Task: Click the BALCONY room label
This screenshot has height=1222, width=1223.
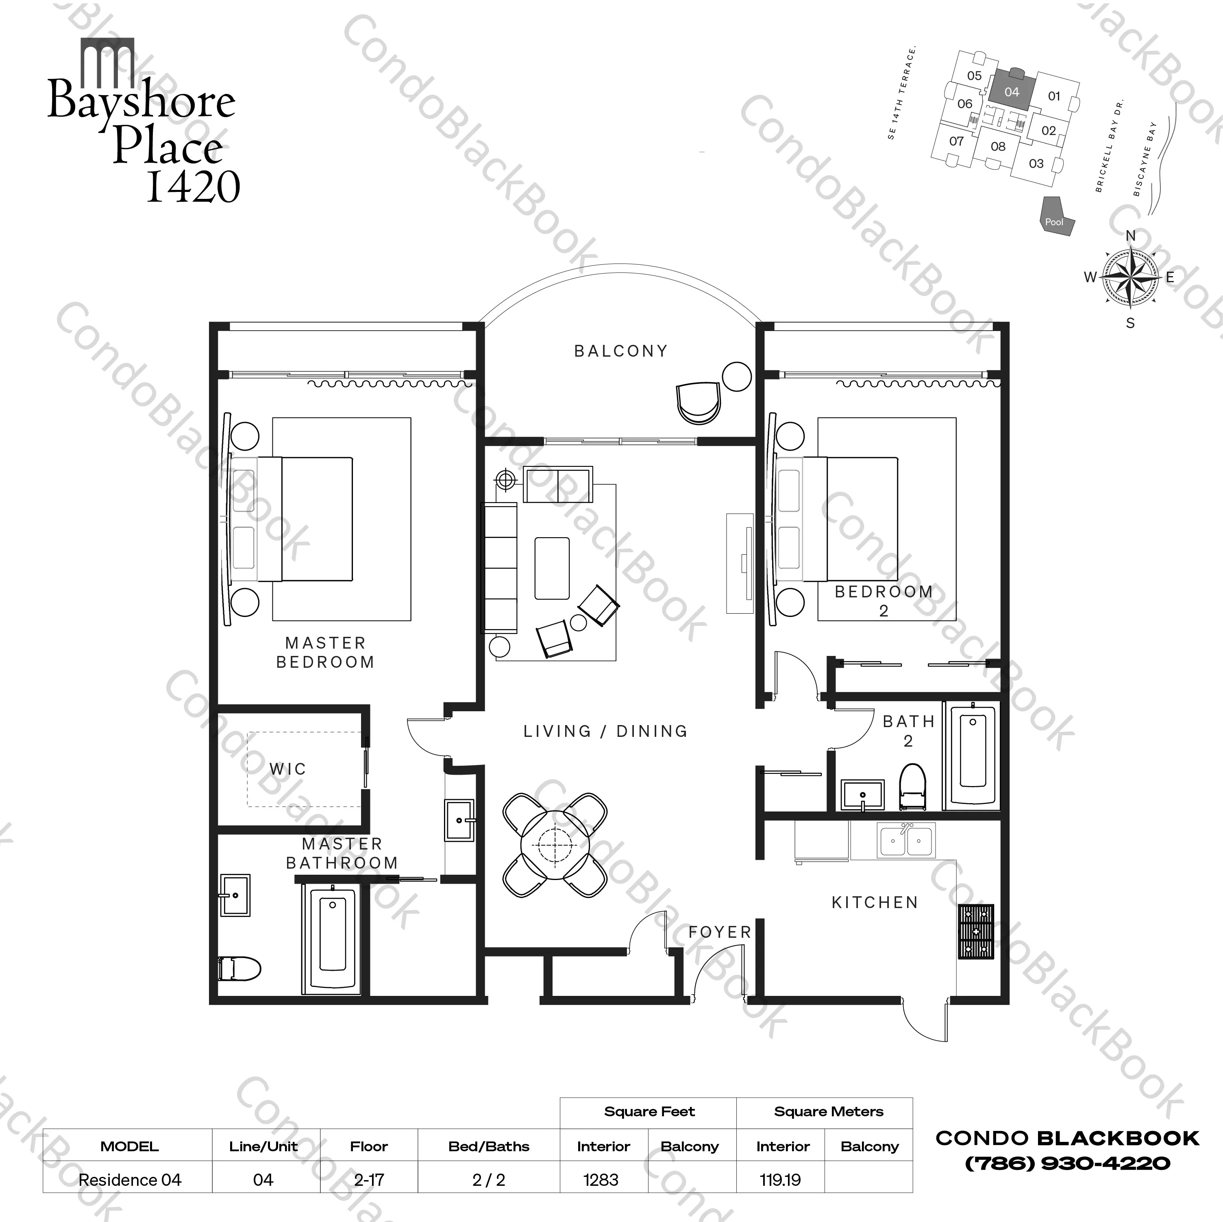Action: click(620, 351)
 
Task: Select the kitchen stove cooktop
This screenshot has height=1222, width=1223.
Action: click(975, 931)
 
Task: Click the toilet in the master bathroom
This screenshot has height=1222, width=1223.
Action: click(239, 968)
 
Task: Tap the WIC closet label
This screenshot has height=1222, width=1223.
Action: click(287, 769)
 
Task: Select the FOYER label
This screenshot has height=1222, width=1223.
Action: click(720, 932)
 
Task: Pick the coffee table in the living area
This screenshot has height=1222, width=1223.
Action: click(551, 568)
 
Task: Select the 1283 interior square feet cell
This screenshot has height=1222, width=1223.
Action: click(601, 1180)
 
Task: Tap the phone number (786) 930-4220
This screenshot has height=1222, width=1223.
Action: click(1067, 1163)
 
